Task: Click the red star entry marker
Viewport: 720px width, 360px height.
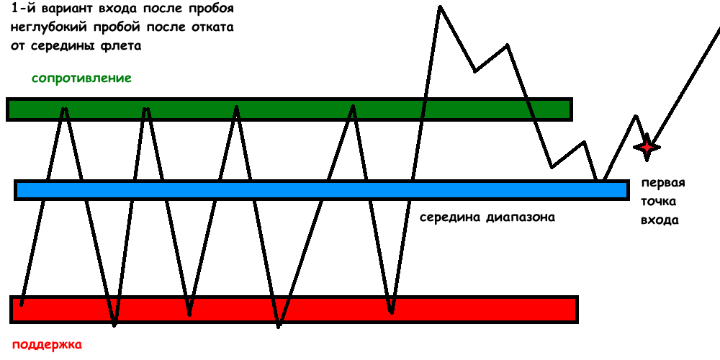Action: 646,147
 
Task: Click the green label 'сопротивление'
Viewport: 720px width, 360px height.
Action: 81,78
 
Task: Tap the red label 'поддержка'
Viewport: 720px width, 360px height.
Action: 48,344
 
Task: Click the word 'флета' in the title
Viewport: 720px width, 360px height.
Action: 123,46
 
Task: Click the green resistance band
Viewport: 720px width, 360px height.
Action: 288,109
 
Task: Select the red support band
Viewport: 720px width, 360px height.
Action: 288,309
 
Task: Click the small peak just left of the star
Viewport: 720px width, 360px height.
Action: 636,116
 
